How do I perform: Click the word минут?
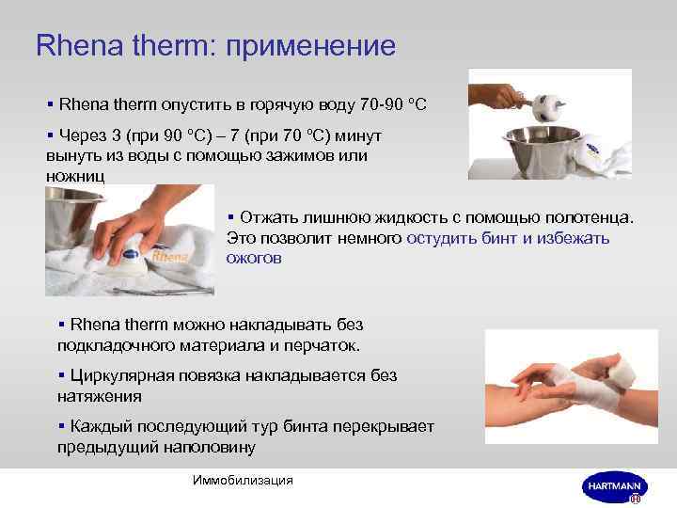[x=358, y=135]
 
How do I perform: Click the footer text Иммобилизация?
[x=242, y=480]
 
